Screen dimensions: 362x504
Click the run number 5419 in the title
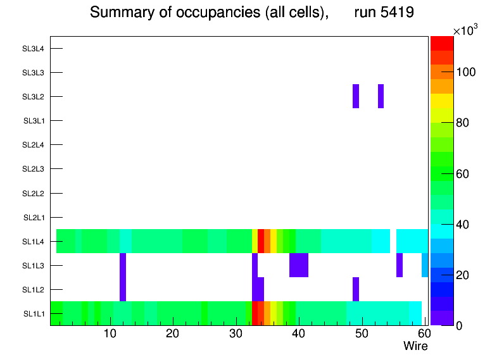(x=384, y=13)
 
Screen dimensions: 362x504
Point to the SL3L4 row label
(x=34, y=49)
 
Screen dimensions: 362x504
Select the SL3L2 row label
(x=34, y=97)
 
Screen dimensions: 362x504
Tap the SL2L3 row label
(x=34, y=169)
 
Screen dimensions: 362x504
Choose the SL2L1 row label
(x=34, y=218)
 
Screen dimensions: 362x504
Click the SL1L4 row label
(x=34, y=242)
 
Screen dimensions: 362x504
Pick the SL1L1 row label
(x=34, y=314)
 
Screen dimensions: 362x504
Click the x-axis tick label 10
(x=110, y=334)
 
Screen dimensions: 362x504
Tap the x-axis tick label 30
(x=236, y=334)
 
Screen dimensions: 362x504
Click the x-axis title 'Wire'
(x=415, y=346)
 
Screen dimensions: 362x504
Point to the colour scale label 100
(x=467, y=72)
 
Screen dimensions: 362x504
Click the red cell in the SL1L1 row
(x=255, y=313)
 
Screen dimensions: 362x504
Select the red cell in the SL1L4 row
(x=261, y=241)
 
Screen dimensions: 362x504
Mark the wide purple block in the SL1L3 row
(x=299, y=265)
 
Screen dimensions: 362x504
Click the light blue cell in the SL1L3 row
(x=425, y=265)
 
